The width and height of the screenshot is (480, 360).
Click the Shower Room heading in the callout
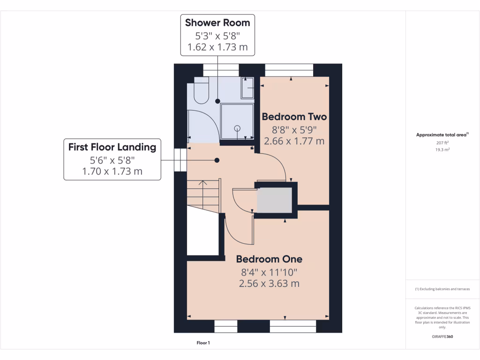pyautogui.click(x=217, y=22)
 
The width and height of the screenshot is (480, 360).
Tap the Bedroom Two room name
pyautogui.click(x=294, y=116)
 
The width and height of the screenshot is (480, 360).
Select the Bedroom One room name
pyautogui.click(x=269, y=259)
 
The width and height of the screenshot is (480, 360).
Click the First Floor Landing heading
pyautogui.click(x=112, y=147)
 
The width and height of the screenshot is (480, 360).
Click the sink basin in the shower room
pyautogui.click(x=247, y=88)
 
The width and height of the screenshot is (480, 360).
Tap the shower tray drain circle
pyautogui.click(x=237, y=127)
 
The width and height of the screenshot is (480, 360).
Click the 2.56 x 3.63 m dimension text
pyautogui.click(x=269, y=284)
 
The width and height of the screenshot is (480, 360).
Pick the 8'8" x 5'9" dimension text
pyautogui.click(x=294, y=129)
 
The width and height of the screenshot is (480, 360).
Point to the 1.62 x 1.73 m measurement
pyautogui.click(x=217, y=47)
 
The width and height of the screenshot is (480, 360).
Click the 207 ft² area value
pyautogui.click(x=442, y=142)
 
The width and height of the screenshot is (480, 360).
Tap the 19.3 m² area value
pyautogui.click(x=442, y=150)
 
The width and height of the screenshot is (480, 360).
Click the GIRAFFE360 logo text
pyautogui.click(x=442, y=337)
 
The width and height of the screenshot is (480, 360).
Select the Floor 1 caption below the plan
pyautogui.click(x=203, y=343)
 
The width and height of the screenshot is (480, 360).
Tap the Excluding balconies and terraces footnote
pyautogui.click(x=442, y=289)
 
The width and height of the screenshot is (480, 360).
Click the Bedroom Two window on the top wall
pyautogui.click(x=289, y=70)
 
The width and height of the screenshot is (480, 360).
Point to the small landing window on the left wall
pyautogui.click(x=180, y=160)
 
